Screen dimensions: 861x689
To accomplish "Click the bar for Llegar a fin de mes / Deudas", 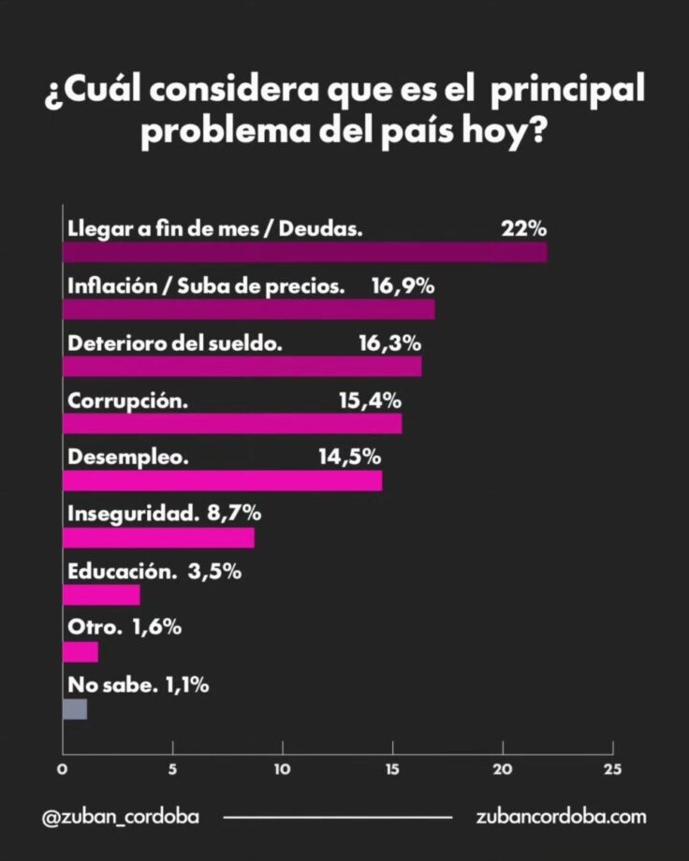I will pyautogui.click(x=304, y=253).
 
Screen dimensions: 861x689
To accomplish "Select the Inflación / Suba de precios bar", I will pyautogui.click(x=248, y=310).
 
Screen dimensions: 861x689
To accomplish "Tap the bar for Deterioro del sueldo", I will pyautogui.click(x=242, y=367).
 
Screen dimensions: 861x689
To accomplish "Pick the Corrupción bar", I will pyautogui.click(x=231, y=424).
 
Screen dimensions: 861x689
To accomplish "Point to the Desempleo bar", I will pyautogui.click(x=222, y=481).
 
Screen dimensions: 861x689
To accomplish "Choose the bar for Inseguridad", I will pyautogui.click(x=158, y=538).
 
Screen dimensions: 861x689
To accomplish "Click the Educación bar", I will pyautogui.click(x=101, y=595).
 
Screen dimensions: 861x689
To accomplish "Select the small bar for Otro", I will pyautogui.click(x=80, y=652).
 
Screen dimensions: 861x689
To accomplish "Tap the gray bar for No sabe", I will pyautogui.click(x=75, y=709).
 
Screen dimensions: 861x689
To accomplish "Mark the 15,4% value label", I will pyautogui.click(x=370, y=400).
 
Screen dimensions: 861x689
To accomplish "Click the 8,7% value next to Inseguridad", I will pyautogui.click(x=234, y=514).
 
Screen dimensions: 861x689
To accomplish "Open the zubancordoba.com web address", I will pyautogui.click(x=561, y=816).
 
